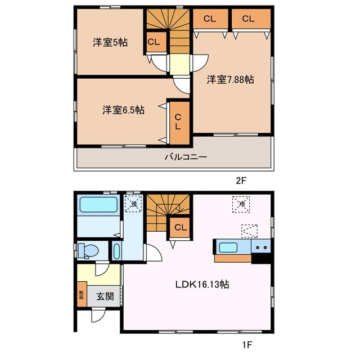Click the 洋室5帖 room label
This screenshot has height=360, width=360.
[x=110, y=43]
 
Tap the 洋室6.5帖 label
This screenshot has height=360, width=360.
[x=123, y=110]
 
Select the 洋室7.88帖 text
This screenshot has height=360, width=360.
[x=230, y=79]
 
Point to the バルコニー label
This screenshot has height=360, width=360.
[x=186, y=157]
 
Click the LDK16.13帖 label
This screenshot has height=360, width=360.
[x=202, y=285]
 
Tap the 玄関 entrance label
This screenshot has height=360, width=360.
[x=105, y=296]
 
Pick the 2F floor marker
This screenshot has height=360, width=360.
[x=241, y=181]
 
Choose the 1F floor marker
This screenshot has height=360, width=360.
[x=247, y=345]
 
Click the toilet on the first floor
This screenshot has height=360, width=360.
[x=88, y=250]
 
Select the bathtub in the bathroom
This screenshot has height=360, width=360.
[x=98, y=205]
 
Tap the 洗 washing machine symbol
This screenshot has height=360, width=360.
[x=133, y=204]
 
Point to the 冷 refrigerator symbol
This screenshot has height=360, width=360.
[x=241, y=204]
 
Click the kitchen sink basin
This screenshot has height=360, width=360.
[x=228, y=247]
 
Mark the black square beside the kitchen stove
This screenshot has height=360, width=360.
[x=261, y=258]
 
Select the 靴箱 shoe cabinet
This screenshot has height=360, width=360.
[x=82, y=294]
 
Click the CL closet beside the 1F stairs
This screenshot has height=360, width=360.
[x=180, y=227]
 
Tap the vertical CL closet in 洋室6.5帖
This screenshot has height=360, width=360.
[x=179, y=123]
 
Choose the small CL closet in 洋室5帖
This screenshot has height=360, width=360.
[x=156, y=42]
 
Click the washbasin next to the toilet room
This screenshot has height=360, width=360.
[x=116, y=251]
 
